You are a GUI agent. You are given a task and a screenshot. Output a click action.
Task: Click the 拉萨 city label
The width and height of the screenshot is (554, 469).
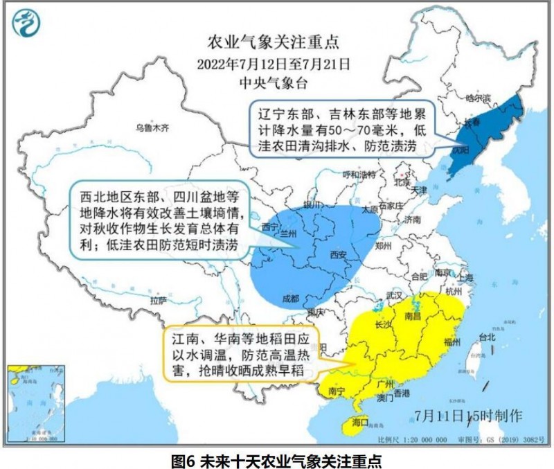coord(159,301)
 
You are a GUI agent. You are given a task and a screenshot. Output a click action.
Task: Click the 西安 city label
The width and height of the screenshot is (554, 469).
coord(337,254)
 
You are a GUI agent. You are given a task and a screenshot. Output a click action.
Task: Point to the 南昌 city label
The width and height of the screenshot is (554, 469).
coord(413,316)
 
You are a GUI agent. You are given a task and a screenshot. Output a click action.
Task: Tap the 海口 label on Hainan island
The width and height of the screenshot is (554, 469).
coord(359,422)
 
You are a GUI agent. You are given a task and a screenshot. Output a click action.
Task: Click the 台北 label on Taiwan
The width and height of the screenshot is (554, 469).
coord(488,337)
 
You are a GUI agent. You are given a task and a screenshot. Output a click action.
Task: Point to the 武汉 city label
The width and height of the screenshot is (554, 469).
coord(395,296)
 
